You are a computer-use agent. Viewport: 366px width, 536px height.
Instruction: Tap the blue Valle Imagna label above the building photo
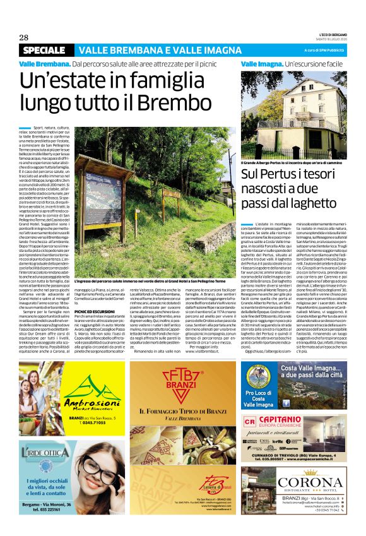tap(261, 64)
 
